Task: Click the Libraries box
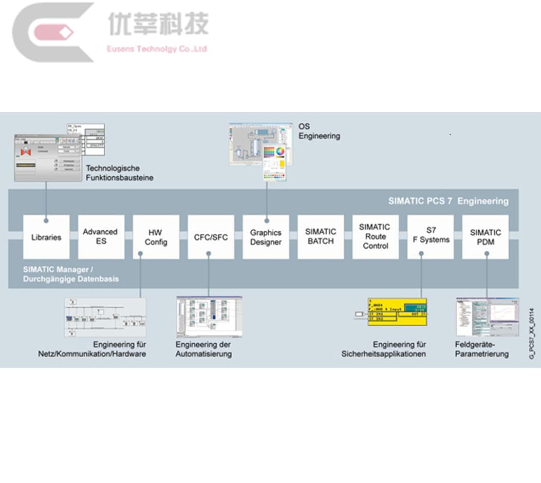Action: (46, 237)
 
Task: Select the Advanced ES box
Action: (101, 237)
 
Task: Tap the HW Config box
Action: (156, 237)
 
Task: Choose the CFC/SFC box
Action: (211, 237)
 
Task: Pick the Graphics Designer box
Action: (266, 237)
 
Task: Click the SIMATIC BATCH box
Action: (321, 237)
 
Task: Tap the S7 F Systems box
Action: (431, 237)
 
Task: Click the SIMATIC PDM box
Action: (486, 237)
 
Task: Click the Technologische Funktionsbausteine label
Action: (119, 173)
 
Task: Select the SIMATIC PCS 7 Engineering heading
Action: (448, 201)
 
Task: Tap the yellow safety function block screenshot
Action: (397, 312)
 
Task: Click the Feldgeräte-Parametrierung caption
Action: (481, 349)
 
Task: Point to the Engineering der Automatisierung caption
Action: (203, 349)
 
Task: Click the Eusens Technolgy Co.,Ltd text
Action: (157, 49)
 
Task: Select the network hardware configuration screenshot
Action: (105, 317)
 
